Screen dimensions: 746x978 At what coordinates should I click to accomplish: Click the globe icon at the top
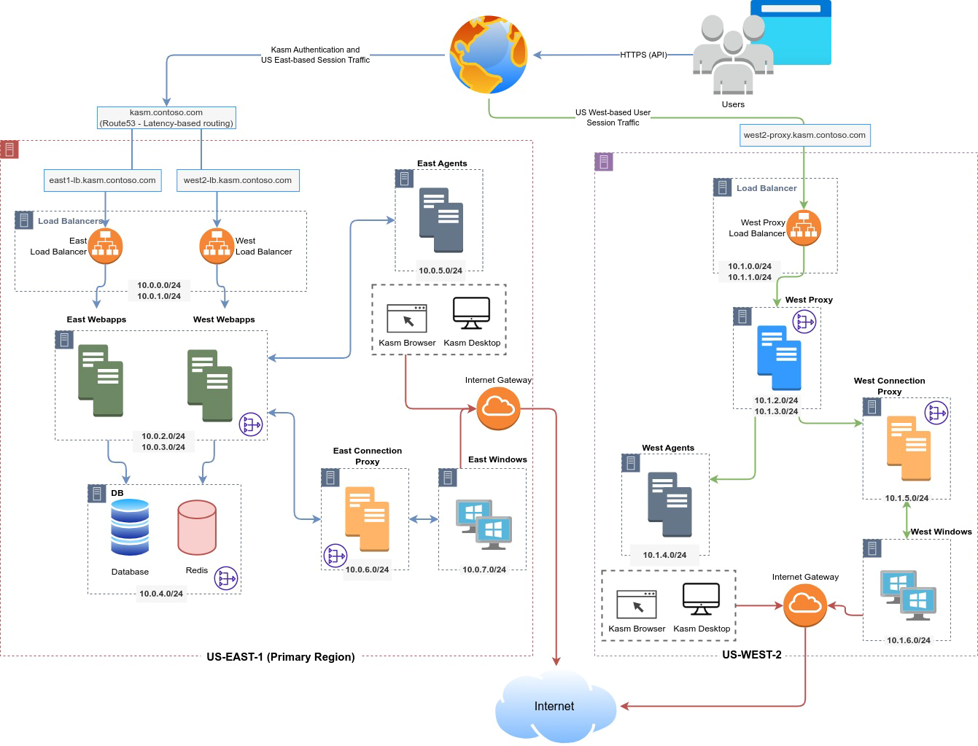pos(488,55)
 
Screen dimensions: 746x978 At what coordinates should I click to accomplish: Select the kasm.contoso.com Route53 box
pos(166,118)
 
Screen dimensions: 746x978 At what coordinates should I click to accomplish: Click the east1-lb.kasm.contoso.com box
pos(102,180)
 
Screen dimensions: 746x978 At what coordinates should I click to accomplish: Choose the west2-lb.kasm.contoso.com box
pos(238,180)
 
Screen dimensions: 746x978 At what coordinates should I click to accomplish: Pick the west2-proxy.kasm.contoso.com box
pos(804,135)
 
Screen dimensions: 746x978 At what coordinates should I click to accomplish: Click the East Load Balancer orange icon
pos(105,246)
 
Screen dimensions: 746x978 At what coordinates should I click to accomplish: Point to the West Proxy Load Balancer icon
pos(804,227)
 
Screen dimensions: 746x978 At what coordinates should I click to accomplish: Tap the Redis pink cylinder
pos(197,527)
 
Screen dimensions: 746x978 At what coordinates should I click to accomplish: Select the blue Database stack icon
pos(130,528)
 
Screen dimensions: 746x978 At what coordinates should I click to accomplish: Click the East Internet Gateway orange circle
pos(498,408)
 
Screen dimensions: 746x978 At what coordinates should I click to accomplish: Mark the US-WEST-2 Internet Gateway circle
pos(805,605)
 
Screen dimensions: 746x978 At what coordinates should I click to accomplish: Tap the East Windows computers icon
pos(484,524)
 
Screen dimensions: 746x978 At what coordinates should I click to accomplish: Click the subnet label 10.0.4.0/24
pos(161,594)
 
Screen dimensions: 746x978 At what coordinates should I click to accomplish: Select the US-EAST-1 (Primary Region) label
pos(281,656)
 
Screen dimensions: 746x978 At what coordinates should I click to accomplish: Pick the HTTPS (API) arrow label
pos(643,55)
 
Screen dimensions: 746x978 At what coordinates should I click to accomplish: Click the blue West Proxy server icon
pos(779,358)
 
